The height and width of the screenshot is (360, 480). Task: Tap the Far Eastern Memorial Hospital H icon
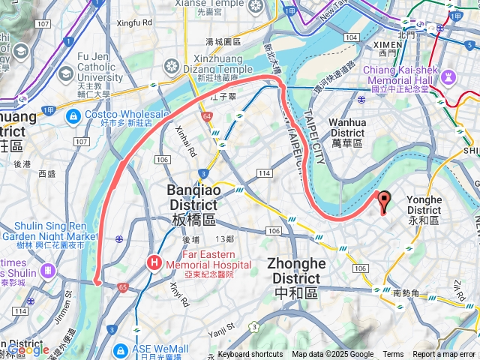tap(154, 262)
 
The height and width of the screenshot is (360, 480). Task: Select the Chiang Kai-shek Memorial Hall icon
tap(448, 76)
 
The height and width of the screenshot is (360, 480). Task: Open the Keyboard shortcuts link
tap(250, 354)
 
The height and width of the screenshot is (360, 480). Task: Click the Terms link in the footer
tap(393, 354)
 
